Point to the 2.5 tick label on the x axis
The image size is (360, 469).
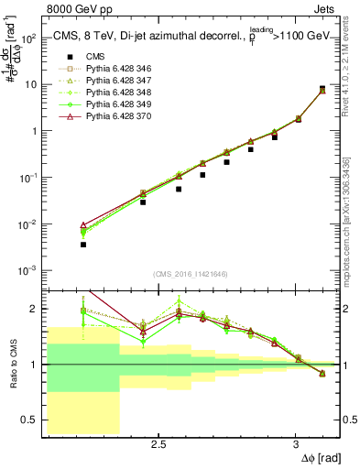pos(158,444)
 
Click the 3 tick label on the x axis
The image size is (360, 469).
pos(295,444)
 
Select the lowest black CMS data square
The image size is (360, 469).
pos(83,245)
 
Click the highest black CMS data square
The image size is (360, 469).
pos(322,89)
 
